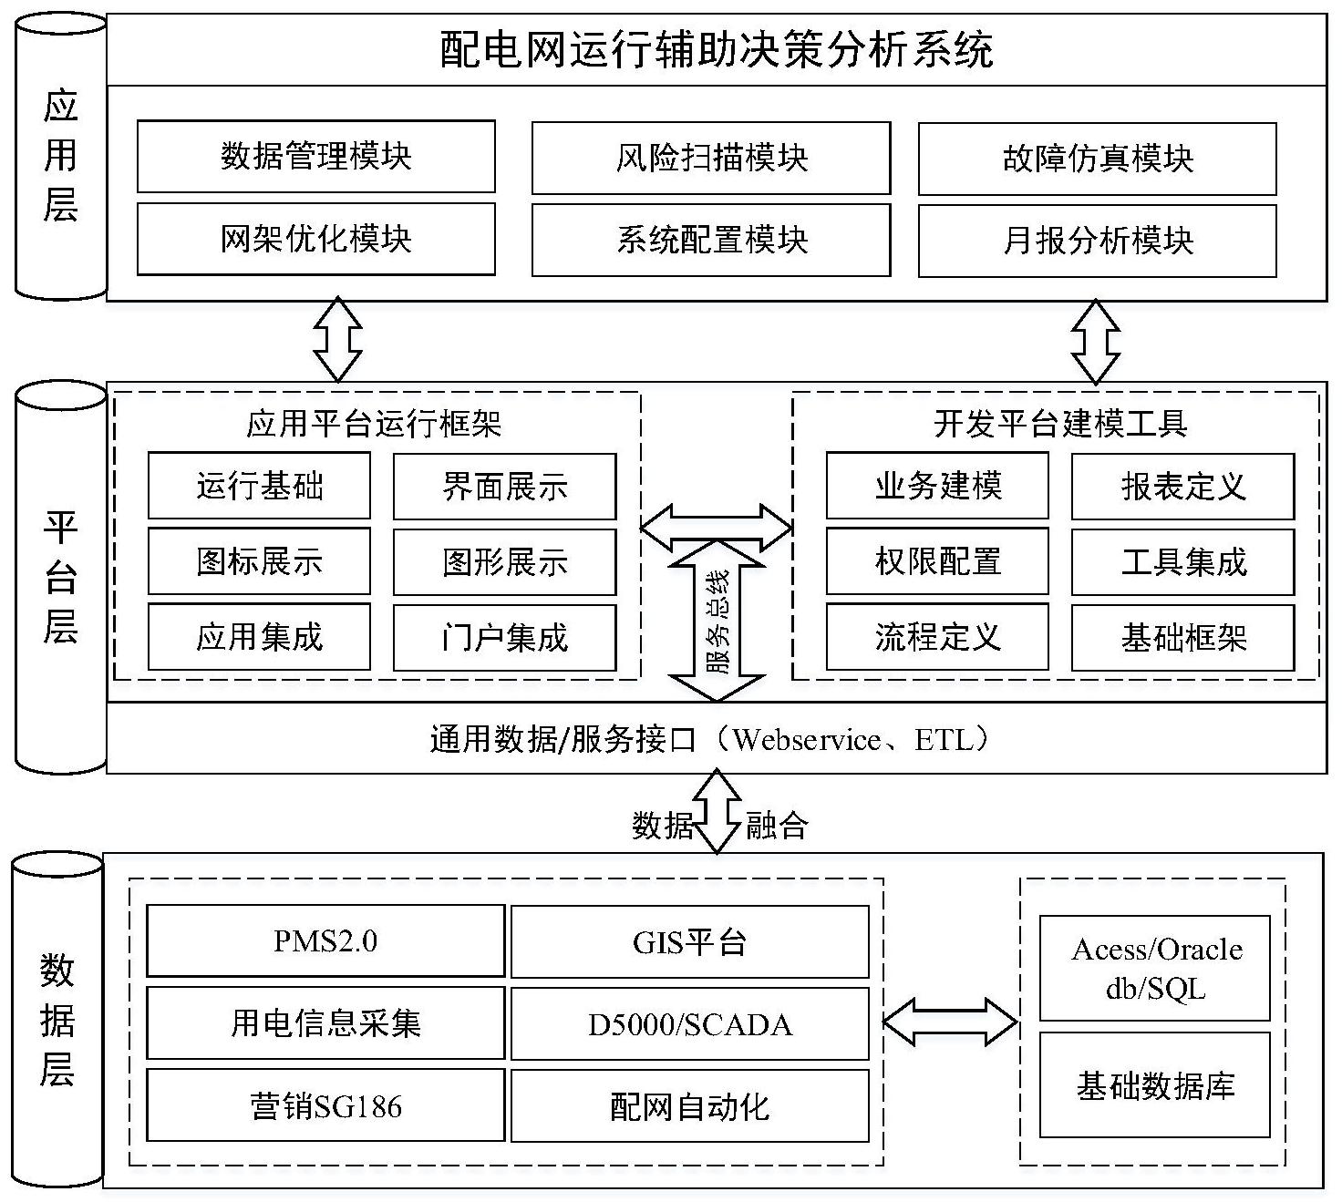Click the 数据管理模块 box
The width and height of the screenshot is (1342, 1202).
[x=315, y=157]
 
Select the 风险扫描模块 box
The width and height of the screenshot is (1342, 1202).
[x=711, y=159]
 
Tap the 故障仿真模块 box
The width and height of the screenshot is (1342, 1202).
[x=1097, y=159]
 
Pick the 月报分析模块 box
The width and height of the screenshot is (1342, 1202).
[x=1097, y=241]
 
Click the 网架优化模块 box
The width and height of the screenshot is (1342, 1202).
[x=315, y=239]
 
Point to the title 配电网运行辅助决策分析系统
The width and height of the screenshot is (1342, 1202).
[x=717, y=50]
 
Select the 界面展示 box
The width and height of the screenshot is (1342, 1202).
[x=504, y=487]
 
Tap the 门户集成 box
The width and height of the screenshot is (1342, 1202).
[x=504, y=637]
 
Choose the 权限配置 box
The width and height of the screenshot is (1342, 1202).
[x=937, y=561]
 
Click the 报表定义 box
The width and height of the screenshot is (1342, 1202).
[x=1182, y=487]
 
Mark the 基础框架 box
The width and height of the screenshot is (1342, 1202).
[x=1182, y=637]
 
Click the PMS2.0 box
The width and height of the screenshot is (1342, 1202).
[x=325, y=941]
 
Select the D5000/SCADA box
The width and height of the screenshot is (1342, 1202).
[x=689, y=1024]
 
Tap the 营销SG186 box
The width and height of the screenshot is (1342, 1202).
[x=325, y=1106]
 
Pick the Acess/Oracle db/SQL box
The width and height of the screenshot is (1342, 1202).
[x=1155, y=968]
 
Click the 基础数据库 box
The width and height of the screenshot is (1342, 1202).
[x=1155, y=1085]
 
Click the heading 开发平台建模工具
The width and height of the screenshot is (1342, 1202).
[x=1060, y=424]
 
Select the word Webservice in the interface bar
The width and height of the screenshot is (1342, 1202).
[x=807, y=740]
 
